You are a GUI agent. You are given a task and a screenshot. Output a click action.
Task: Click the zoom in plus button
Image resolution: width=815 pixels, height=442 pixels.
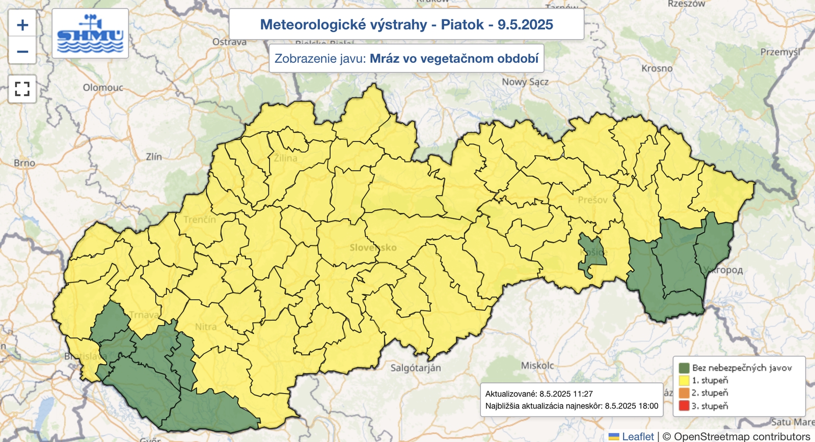click(22, 24)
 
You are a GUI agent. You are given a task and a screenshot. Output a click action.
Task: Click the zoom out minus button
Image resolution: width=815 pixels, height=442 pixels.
click(22, 51)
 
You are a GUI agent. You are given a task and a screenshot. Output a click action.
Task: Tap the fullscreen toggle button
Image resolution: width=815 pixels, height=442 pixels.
click(22, 89)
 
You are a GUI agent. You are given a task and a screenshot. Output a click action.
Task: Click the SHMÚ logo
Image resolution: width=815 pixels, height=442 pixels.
click(90, 34)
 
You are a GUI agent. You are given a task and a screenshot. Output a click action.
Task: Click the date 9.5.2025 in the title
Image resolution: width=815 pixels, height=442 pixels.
click(525, 24)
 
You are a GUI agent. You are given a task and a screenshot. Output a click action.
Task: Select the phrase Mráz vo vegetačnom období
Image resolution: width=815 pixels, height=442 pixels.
click(454, 59)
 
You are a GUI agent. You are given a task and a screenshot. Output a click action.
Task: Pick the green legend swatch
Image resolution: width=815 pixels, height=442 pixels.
click(684, 368)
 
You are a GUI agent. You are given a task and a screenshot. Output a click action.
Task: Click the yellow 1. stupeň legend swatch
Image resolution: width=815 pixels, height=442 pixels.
click(684, 380)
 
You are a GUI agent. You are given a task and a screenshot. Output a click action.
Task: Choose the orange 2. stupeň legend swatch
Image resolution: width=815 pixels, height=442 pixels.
click(684, 393)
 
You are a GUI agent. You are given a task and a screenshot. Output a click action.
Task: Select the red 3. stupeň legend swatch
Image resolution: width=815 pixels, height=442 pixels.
click(684, 406)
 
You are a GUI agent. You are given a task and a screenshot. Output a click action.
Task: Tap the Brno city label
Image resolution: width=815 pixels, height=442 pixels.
click(24, 163)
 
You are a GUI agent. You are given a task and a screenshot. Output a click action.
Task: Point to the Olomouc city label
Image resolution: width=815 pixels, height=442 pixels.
click(103, 88)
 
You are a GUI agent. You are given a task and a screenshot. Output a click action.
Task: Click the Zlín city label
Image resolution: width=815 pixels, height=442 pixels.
click(154, 157)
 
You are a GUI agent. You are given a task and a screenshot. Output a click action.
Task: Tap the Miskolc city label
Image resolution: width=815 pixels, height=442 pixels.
click(537, 366)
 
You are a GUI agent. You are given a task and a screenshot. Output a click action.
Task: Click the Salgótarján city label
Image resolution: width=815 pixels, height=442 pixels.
click(416, 368)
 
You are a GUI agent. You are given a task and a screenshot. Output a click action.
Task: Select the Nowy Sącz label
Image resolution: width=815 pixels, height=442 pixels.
click(525, 82)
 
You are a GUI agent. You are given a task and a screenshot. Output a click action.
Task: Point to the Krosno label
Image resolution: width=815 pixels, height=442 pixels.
click(657, 68)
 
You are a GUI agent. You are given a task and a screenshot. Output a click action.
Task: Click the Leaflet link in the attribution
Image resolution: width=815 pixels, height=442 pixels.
click(638, 436)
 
